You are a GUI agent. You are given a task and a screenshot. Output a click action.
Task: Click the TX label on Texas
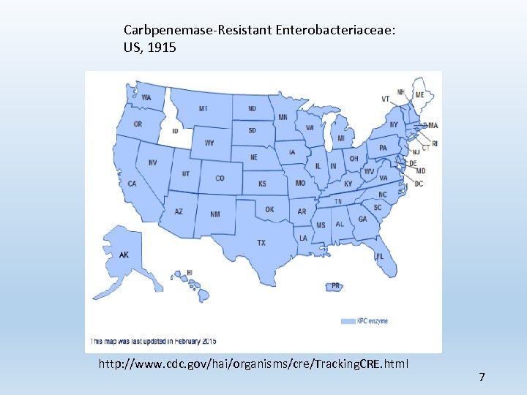tap(261, 243)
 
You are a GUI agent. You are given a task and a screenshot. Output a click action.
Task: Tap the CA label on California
tap(132, 184)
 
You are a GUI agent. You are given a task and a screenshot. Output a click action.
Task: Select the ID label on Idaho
tap(175, 131)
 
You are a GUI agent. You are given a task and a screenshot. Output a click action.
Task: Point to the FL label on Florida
tap(380, 257)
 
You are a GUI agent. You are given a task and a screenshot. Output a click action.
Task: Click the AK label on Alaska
tap(124, 255)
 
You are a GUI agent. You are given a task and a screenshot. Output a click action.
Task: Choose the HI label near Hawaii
tap(190, 272)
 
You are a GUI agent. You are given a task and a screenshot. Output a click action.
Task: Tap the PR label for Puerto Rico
tap(335, 286)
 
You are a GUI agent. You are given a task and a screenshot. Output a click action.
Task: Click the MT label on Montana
tap(203, 109)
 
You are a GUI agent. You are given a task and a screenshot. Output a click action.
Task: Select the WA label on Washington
tap(146, 98)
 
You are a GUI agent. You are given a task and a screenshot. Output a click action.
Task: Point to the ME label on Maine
tap(419, 95)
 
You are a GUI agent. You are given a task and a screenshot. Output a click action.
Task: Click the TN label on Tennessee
tap(337, 201)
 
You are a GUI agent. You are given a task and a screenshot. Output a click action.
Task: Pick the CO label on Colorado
tap(220, 178)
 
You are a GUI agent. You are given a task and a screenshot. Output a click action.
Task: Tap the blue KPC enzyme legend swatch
tap(348, 321)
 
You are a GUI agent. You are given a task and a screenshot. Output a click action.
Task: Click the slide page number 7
tap(482, 377)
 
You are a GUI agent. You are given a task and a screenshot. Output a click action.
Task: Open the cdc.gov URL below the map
tap(253, 364)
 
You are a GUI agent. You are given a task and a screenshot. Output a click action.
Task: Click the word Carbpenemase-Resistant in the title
tap(198, 30)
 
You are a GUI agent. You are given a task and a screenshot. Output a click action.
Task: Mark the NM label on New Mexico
tap(214, 214)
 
